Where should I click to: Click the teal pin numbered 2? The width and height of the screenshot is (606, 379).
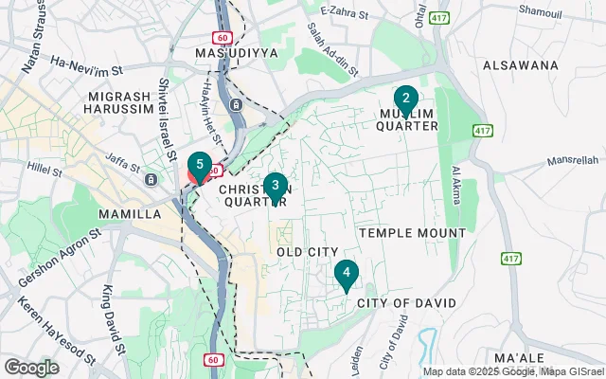pos(405,99)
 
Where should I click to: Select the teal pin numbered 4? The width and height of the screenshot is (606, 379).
pos(347,275)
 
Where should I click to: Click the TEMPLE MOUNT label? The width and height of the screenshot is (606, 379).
pos(412,232)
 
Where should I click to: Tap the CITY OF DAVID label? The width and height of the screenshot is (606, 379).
pos(406,302)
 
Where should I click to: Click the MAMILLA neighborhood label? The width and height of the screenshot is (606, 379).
pos(130,214)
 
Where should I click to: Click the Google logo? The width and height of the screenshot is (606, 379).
pos(31,367)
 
